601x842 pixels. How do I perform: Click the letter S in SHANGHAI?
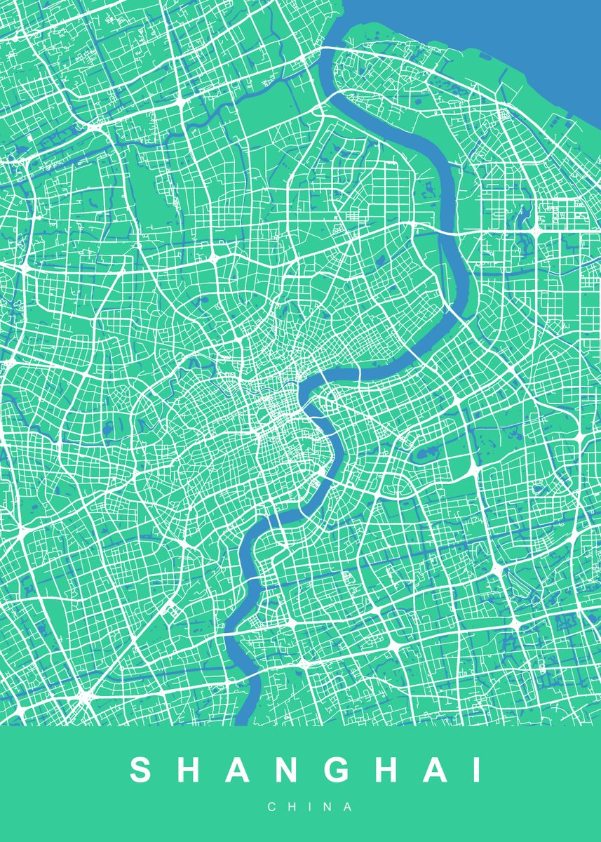coord(141,770)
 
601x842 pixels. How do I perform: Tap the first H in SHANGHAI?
coord(188,770)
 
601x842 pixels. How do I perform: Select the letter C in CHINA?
coord(271,808)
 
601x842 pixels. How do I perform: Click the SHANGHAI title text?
coord(306,770)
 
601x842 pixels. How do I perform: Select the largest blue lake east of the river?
coord(425,455)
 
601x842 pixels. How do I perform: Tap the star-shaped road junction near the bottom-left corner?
coord(85,696)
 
